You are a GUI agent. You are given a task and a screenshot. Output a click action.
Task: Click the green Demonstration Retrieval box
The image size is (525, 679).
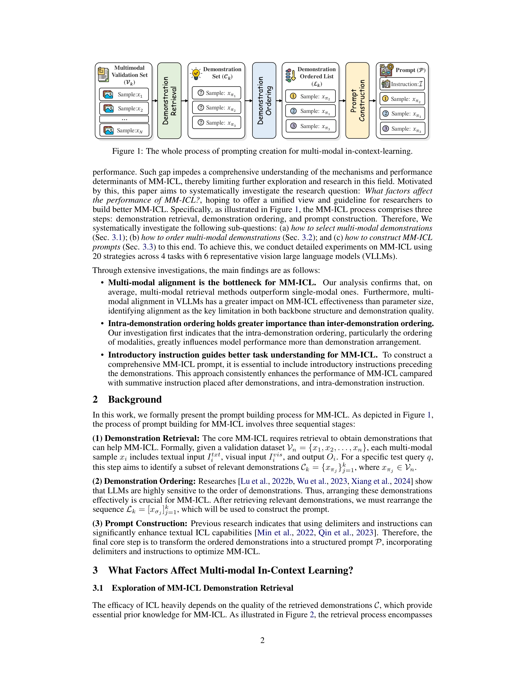(169, 100)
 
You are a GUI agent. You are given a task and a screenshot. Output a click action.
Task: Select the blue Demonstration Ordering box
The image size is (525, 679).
(264, 100)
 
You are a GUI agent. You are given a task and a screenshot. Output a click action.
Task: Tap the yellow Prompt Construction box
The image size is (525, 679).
(357, 100)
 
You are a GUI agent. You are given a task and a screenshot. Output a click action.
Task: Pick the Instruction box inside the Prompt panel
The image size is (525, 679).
(402, 84)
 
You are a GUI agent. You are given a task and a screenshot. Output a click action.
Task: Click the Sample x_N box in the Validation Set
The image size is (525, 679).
(124, 130)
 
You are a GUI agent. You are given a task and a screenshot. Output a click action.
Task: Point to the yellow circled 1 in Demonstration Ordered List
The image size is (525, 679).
(293, 96)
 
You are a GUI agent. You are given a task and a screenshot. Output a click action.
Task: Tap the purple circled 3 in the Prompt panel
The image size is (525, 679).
(386, 128)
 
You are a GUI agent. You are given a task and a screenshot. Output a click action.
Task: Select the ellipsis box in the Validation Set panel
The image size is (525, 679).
(124, 119)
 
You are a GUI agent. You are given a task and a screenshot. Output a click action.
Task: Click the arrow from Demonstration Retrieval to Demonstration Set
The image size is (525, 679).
(185, 100)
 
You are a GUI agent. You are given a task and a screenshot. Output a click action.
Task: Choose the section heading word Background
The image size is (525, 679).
(135, 400)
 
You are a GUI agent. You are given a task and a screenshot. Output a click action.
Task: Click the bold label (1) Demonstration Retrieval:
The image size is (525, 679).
(146, 438)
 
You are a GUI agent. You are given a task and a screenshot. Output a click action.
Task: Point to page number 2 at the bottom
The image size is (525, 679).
(262, 640)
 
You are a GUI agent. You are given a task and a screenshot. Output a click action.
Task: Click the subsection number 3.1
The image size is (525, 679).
(98, 588)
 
